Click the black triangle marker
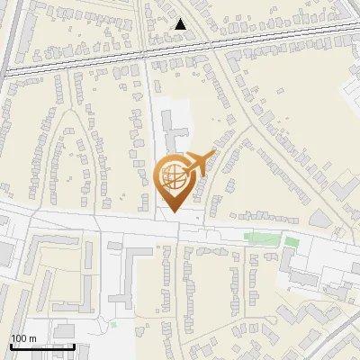click(181, 24)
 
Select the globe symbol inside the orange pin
click(174, 178)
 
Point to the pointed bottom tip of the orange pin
click(173, 212)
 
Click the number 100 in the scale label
click(19, 337)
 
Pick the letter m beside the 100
click(32, 337)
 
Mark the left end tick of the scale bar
click(11, 346)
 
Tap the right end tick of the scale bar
click(74, 346)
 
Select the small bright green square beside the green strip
click(290, 241)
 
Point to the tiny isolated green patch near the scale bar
click(113, 322)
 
